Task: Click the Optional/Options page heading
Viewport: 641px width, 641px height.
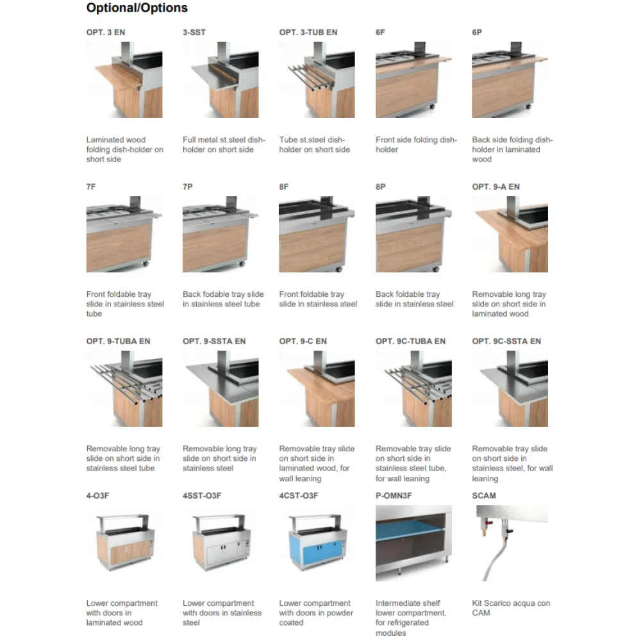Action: tap(137, 8)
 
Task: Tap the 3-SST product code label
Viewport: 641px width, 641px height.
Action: tap(194, 32)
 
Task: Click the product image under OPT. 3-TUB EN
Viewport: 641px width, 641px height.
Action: tap(317, 80)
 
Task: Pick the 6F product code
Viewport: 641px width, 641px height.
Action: tap(381, 32)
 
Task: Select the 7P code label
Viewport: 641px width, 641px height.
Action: tap(188, 187)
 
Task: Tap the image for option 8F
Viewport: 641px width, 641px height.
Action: tap(317, 235)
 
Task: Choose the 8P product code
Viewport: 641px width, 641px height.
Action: tap(381, 187)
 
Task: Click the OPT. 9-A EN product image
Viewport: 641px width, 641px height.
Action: tap(510, 235)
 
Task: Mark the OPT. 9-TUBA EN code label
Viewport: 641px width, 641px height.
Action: tap(119, 341)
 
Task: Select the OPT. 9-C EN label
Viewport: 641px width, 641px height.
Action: tap(303, 341)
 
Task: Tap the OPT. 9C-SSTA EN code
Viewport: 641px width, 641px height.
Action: tap(506, 341)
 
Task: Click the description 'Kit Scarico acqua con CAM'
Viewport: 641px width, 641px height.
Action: tap(511, 608)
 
